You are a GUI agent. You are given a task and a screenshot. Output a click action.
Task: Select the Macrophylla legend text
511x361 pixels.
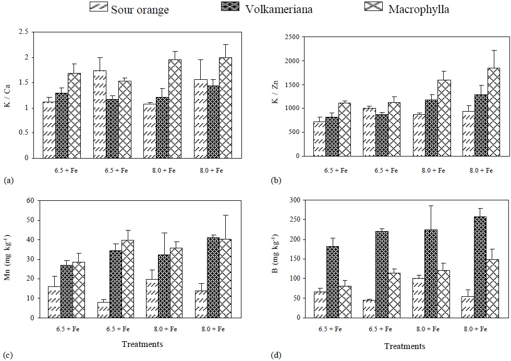418,9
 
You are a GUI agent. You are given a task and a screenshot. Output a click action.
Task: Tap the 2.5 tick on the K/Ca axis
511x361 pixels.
23,32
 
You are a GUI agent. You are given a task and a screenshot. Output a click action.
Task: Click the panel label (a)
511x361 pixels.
8,180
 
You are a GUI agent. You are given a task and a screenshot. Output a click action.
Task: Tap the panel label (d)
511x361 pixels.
276,356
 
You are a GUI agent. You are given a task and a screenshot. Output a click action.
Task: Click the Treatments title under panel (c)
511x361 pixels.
142,344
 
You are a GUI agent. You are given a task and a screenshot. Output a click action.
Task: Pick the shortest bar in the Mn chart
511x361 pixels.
103,309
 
